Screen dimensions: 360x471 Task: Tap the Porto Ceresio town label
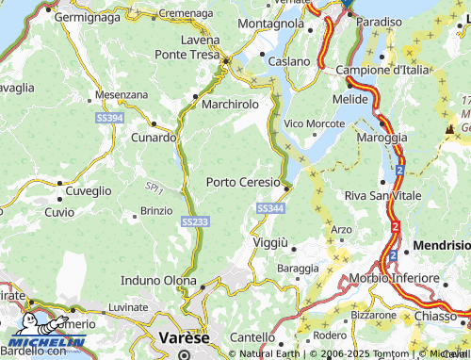(243, 182)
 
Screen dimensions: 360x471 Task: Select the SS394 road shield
(109, 118)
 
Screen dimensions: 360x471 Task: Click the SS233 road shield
(189, 220)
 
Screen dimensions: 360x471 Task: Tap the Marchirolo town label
(229, 103)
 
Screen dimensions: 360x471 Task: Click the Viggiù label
(270, 242)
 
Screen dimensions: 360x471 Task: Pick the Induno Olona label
(157, 280)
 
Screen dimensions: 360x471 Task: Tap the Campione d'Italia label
(383, 70)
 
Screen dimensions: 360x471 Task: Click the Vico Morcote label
(315, 123)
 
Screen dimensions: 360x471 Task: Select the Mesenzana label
(122, 95)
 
